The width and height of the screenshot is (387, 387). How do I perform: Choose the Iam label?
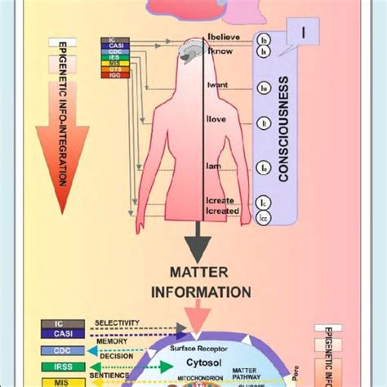click(215, 167)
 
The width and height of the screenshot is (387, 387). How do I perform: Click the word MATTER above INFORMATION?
click(198, 271)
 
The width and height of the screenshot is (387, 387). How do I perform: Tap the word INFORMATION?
click(198, 291)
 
